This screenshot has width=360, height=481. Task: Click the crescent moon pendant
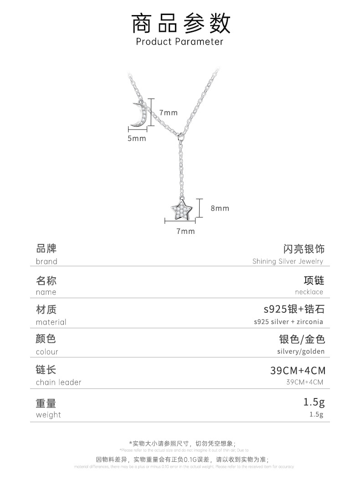pyautogui.click(x=137, y=114)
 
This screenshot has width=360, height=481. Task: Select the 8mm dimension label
pyautogui.click(x=220, y=208)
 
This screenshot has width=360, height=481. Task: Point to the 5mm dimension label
pyautogui.click(x=136, y=138)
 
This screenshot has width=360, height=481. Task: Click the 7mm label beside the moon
pyautogui.click(x=168, y=113)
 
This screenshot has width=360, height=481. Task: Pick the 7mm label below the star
pyautogui.click(x=185, y=231)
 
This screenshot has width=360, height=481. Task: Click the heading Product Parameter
pyautogui.click(x=180, y=41)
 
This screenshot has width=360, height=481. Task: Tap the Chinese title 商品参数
pyautogui.click(x=180, y=23)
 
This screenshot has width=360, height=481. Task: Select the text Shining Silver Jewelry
pyautogui.click(x=288, y=261)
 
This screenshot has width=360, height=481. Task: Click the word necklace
pyautogui.click(x=309, y=292)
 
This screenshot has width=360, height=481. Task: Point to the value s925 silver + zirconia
pyautogui.click(x=288, y=321)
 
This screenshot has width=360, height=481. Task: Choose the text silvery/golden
pyautogui.click(x=301, y=352)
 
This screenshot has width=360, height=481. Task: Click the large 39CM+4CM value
pyautogui.click(x=298, y=370)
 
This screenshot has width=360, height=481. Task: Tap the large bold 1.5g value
pyautogui.click(x=314, y=402)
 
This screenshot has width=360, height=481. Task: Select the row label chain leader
pyautogui.click(x=58, y=382)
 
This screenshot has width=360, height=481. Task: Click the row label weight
pyautogui.click(x=48, y=414)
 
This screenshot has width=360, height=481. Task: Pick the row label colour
pyautogui.click(x=47, y=352)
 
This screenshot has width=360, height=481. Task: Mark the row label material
pyautogui.click(x=51, y=322)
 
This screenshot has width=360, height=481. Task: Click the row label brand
pyautogui.click(x=46, y=261)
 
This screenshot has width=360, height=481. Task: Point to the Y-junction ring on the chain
pyautogui.click(x=182, y=135)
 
